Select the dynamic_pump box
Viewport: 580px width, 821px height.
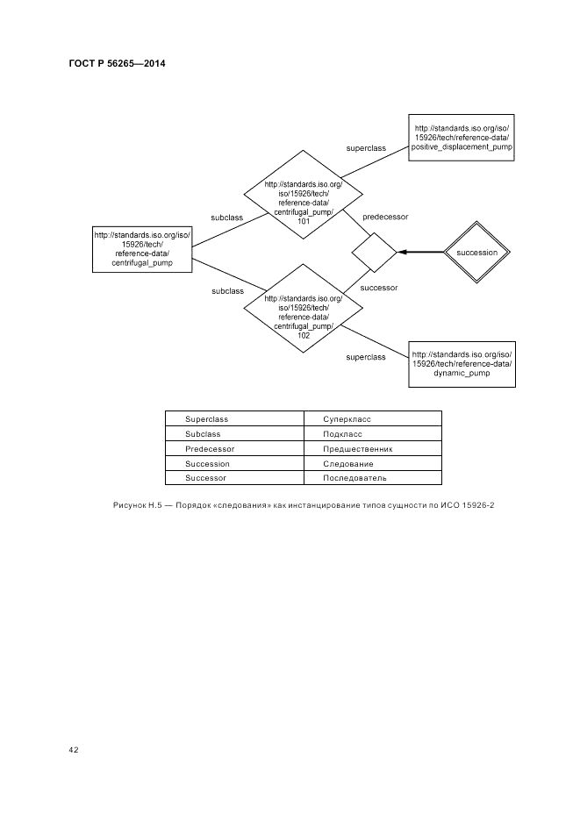(462, 363)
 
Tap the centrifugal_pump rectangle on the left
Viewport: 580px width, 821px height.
(142, 248)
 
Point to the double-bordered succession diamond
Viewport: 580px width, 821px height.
(477, 253)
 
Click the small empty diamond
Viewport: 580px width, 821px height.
(375, 253)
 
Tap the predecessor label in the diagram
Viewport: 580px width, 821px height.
(385, 216)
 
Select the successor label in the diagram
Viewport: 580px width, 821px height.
(379, 287)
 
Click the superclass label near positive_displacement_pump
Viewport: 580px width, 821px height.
(366, 148)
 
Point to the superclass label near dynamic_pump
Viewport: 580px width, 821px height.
(366, 357)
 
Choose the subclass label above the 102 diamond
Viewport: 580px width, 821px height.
(227, 290)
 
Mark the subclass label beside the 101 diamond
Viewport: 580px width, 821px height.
(227, 216)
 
